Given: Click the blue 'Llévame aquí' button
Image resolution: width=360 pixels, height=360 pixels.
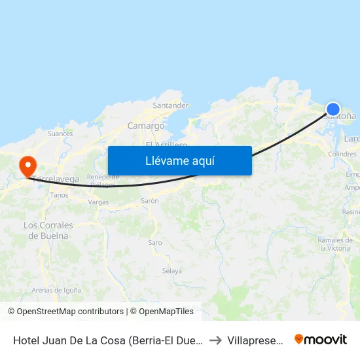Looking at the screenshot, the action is (x=179, y=160).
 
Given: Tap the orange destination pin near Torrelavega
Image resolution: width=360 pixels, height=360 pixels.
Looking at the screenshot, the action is (x=27, y=166).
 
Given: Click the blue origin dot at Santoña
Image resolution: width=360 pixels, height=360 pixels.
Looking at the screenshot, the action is (x=333, y=109).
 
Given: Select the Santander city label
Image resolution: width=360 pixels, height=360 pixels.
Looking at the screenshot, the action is (x=170, y=105).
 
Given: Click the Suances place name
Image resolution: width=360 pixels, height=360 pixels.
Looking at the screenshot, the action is (x=60, y=134).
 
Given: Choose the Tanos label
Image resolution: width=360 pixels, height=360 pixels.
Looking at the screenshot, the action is (x=59, y=195).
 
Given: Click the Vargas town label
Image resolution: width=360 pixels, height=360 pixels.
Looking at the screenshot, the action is (x=98, y=202).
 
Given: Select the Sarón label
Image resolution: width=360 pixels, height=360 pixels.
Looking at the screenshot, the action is (x=150, y=201).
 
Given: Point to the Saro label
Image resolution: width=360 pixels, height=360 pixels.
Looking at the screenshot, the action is (x=155, y=242).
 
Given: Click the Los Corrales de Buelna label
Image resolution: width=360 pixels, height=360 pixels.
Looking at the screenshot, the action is (x=48, y=230).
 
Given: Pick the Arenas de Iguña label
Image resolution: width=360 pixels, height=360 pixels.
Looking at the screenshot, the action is (x=56, y=290).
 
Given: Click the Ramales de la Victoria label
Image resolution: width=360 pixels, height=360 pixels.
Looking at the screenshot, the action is (x=334, y=244).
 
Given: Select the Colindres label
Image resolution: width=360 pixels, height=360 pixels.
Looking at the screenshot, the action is (x=342, y=154).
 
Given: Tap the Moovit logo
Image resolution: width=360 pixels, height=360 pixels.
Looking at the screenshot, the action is (x=321, y=339).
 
